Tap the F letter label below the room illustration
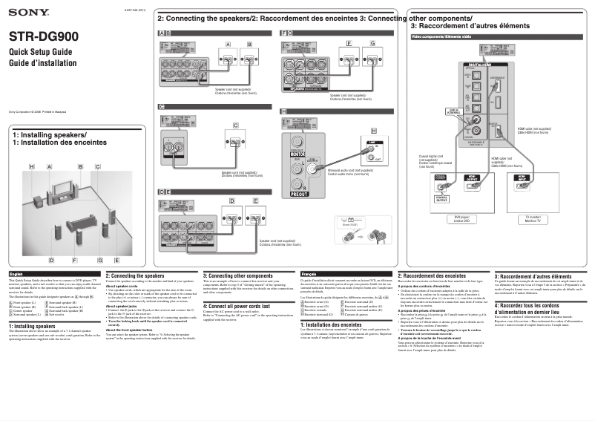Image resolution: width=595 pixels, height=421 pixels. pyautogui.click(x=75, y=261)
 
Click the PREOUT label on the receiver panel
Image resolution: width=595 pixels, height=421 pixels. pyautogui.click(x=300, y=195)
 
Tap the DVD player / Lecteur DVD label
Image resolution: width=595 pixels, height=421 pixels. pyautogui.click(x=461, y=221)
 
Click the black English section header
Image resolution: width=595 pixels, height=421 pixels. pyautogui.click(x=53, y=275)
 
